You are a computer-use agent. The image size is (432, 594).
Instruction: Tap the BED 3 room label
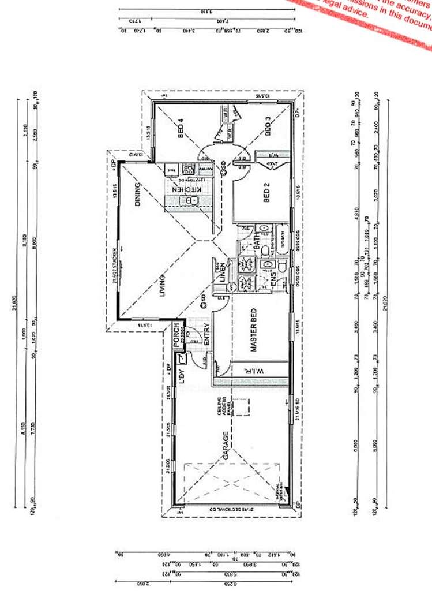267,126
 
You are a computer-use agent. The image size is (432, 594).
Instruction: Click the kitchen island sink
194,200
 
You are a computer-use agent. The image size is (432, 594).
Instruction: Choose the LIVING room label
163,286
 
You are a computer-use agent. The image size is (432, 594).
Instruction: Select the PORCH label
177,335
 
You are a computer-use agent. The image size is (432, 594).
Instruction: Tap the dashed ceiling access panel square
242,406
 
